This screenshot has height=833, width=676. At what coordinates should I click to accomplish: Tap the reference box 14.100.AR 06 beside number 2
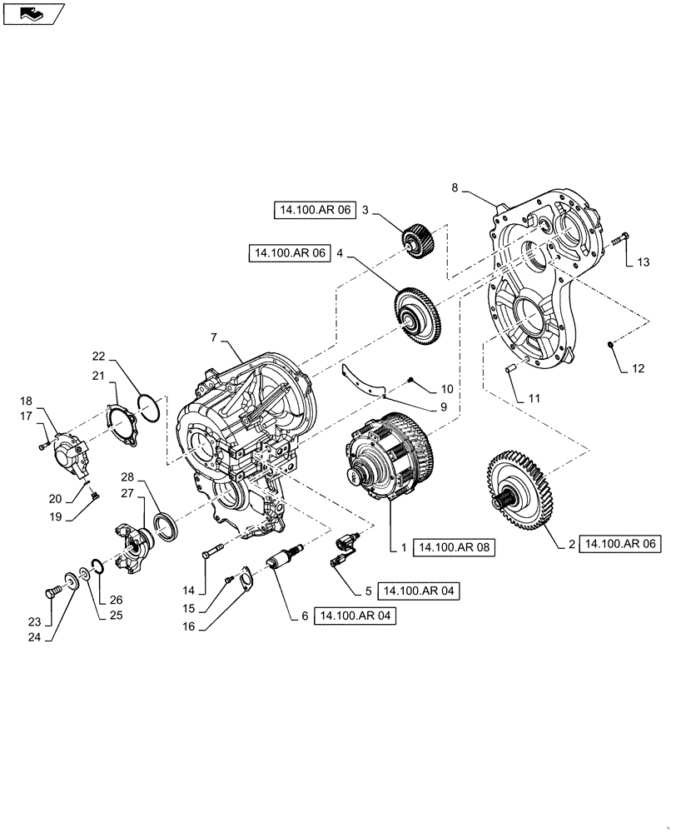pyautogui.click(x=619, y=543)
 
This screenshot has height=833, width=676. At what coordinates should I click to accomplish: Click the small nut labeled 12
pyautogui.click(x=610, y=344)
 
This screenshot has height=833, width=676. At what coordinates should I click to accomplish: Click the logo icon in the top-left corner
pyautogui.click(x=32, y=12)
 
